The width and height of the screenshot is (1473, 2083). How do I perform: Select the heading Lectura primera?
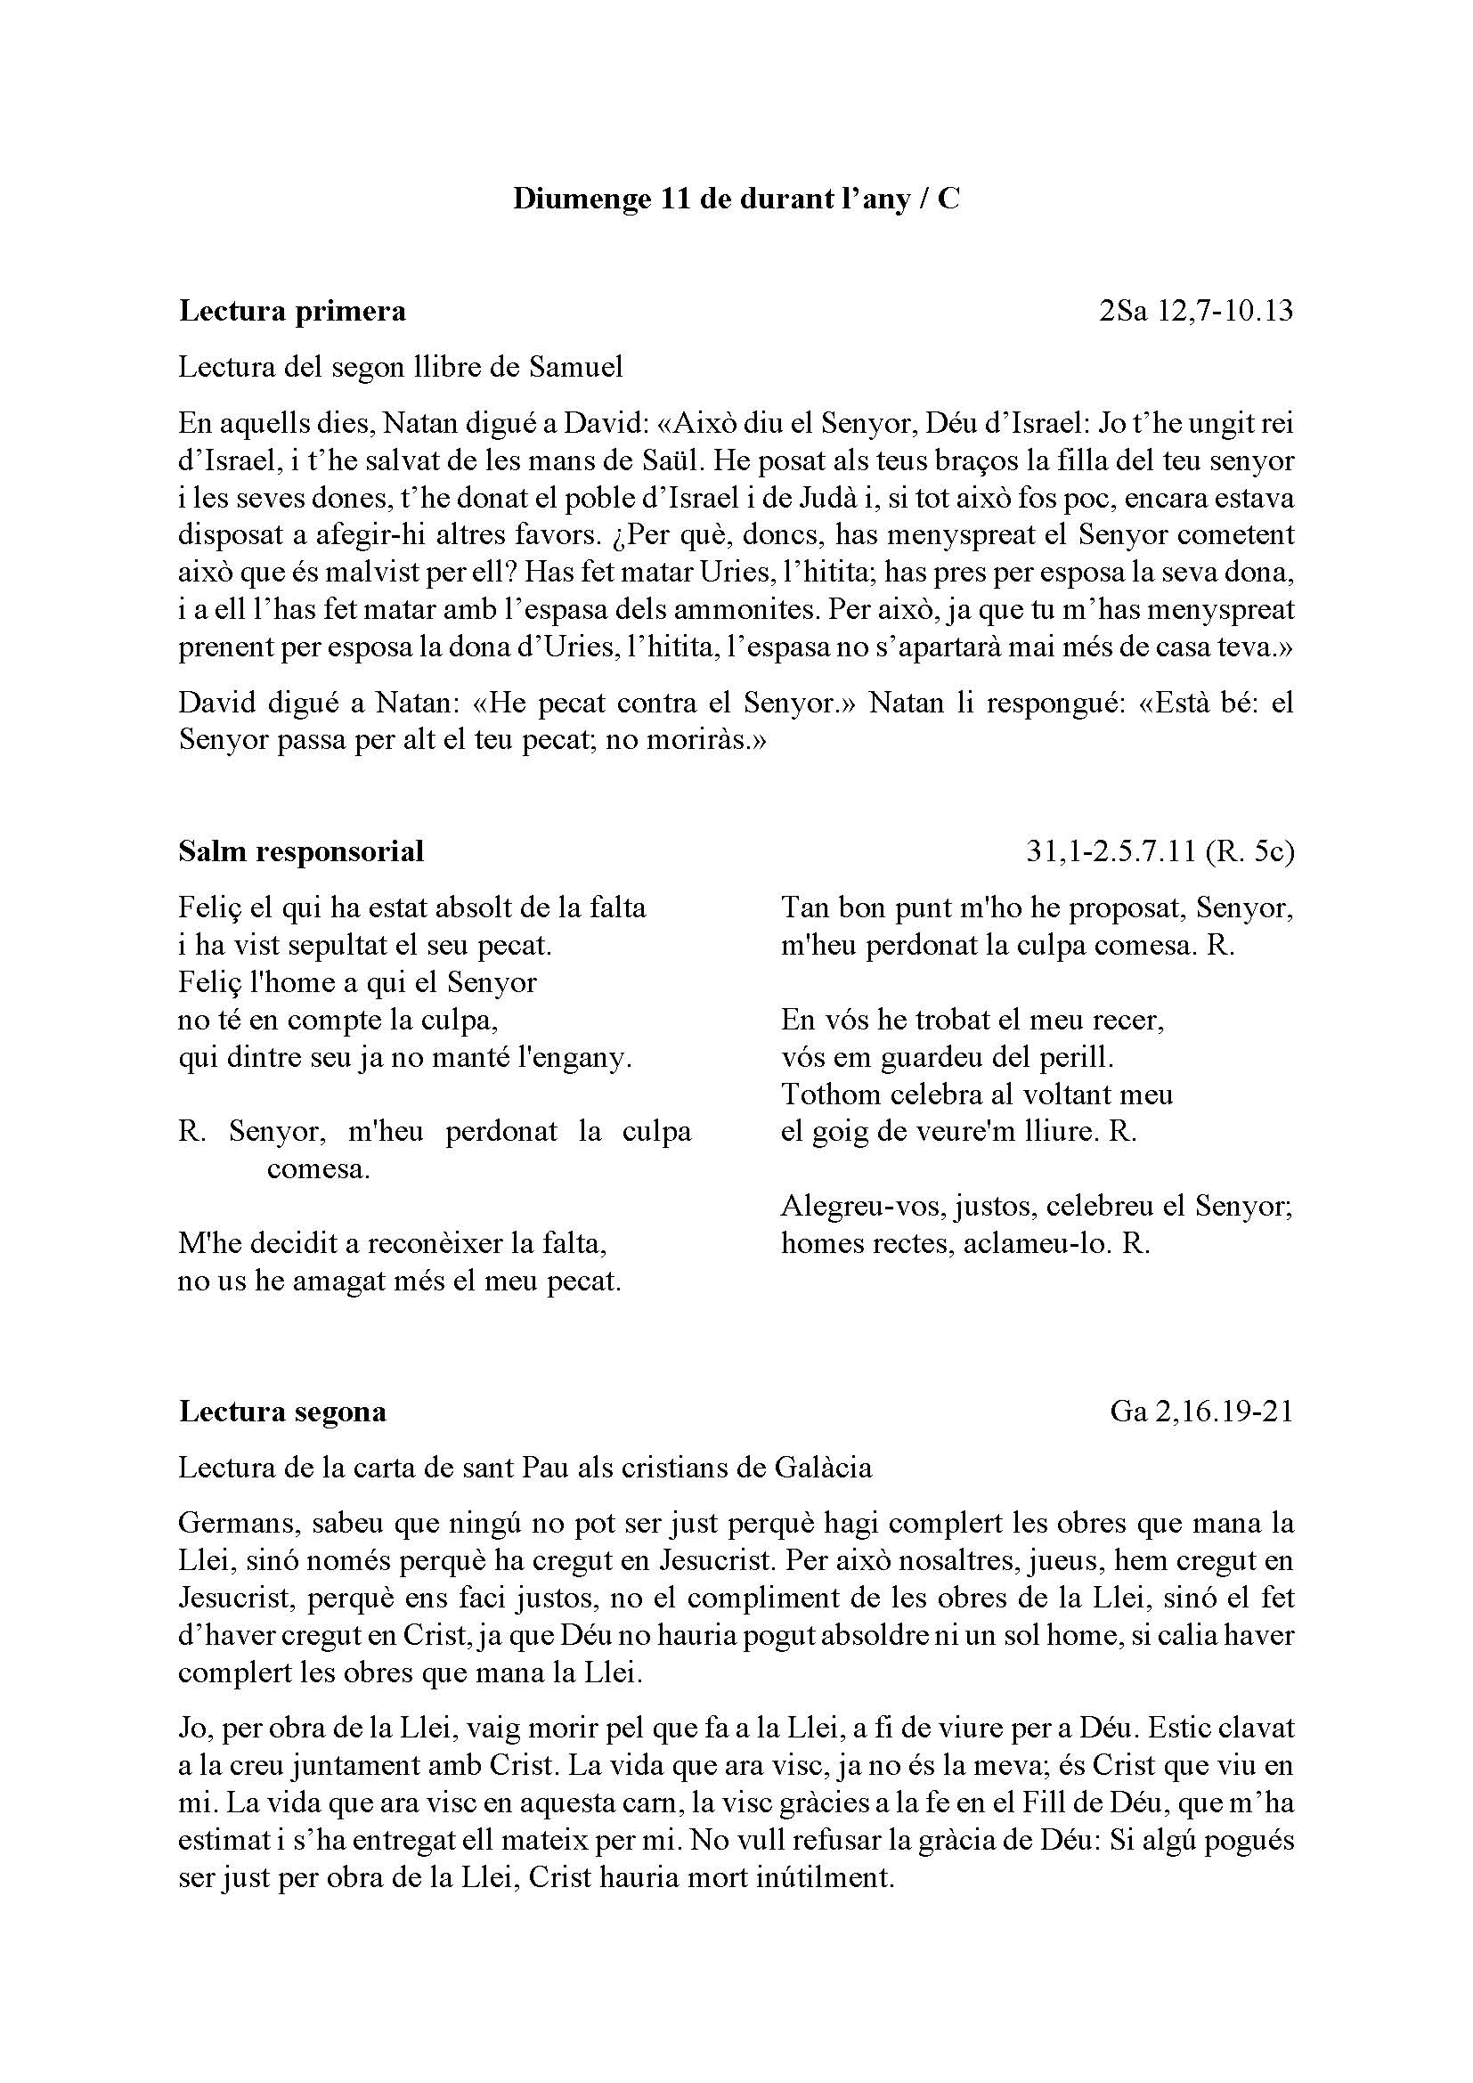[x=292, y=311]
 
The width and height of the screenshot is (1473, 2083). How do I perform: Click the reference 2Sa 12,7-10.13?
[x=1195, y=311]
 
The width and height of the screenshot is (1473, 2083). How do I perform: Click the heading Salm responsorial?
[x=301, y=851]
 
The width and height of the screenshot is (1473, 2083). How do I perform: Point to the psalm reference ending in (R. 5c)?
[x=1160, y=851]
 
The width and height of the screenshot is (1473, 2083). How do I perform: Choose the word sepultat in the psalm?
[x=330, y=946]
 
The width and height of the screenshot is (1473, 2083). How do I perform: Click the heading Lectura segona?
[x=282, y=1412]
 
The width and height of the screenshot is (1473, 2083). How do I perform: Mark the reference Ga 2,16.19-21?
[x=1200, y=1412]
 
